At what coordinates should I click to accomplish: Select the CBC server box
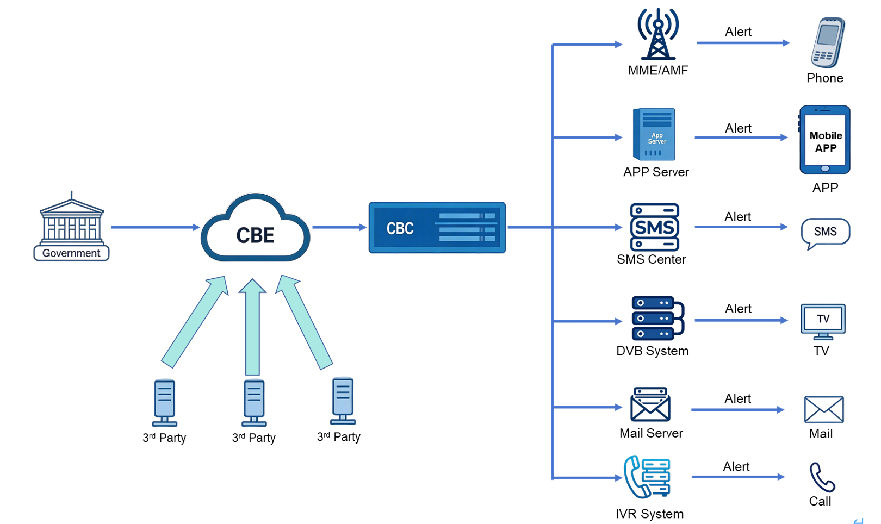(437, 228)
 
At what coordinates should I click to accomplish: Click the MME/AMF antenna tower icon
(658, 34)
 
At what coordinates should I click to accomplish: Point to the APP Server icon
(654, 134)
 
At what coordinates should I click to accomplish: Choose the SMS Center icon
(654, 227)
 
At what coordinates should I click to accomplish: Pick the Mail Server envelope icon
(650, 404)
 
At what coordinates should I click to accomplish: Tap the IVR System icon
(648, 477)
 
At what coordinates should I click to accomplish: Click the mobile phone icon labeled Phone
(827, 42)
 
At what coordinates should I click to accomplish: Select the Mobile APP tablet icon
(824, 140)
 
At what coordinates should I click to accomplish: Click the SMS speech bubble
(825, 232)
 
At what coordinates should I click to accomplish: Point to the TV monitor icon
(823, 321)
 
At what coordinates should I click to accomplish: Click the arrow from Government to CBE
(155, 227)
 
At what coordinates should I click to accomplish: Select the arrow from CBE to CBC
(339, 227)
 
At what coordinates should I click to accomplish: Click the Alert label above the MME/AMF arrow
(738, 32)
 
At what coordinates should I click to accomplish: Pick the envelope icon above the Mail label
(823, 409)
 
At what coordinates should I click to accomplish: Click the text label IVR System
(649, 514)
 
